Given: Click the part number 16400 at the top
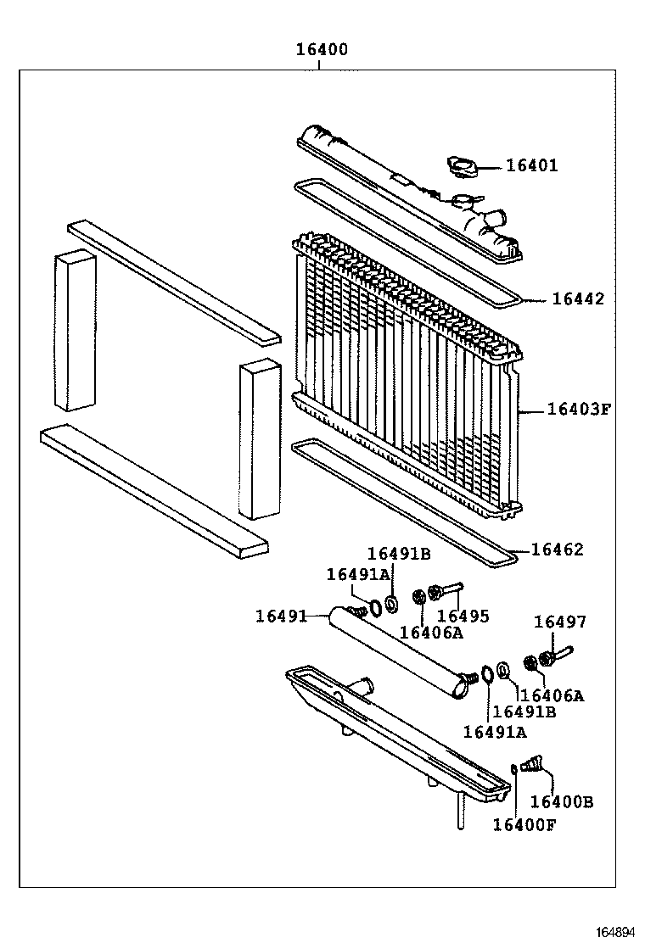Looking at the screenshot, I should pos(321,49).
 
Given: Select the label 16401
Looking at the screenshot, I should pos(532,166).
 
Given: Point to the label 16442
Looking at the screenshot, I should pos(578,299).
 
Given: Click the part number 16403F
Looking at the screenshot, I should pos(579,410).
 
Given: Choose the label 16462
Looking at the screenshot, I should pos(558,550).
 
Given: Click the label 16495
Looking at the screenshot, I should pos(463,617).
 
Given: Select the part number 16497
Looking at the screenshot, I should pos(559,622).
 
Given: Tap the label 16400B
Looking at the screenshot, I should pos(562,801).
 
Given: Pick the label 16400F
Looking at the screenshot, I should pos(524,824).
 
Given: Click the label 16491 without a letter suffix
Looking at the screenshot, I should pos(281,615).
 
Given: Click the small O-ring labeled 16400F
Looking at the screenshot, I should pos(515,769).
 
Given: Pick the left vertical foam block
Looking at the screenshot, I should pos(75,331).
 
